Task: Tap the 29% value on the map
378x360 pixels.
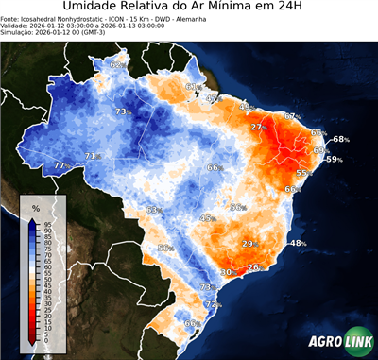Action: [x=249, y=244]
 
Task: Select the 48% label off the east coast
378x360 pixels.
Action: [x=298, y=244]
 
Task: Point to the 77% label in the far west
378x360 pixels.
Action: [x=61, y=165]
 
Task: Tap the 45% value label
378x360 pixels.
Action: [x=207, y=218]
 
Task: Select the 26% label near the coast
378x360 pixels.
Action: [x=253, y=268]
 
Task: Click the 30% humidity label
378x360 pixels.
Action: [x=227, y=272]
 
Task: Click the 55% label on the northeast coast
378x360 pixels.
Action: [x=304, y=173]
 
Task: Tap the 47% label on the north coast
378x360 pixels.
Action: [x=213, y=97]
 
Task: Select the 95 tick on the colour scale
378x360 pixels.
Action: [x=35, y=224]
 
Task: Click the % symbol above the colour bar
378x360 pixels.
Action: [x=35, y=207]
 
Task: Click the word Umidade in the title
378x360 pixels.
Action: [x=94, y=8]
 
